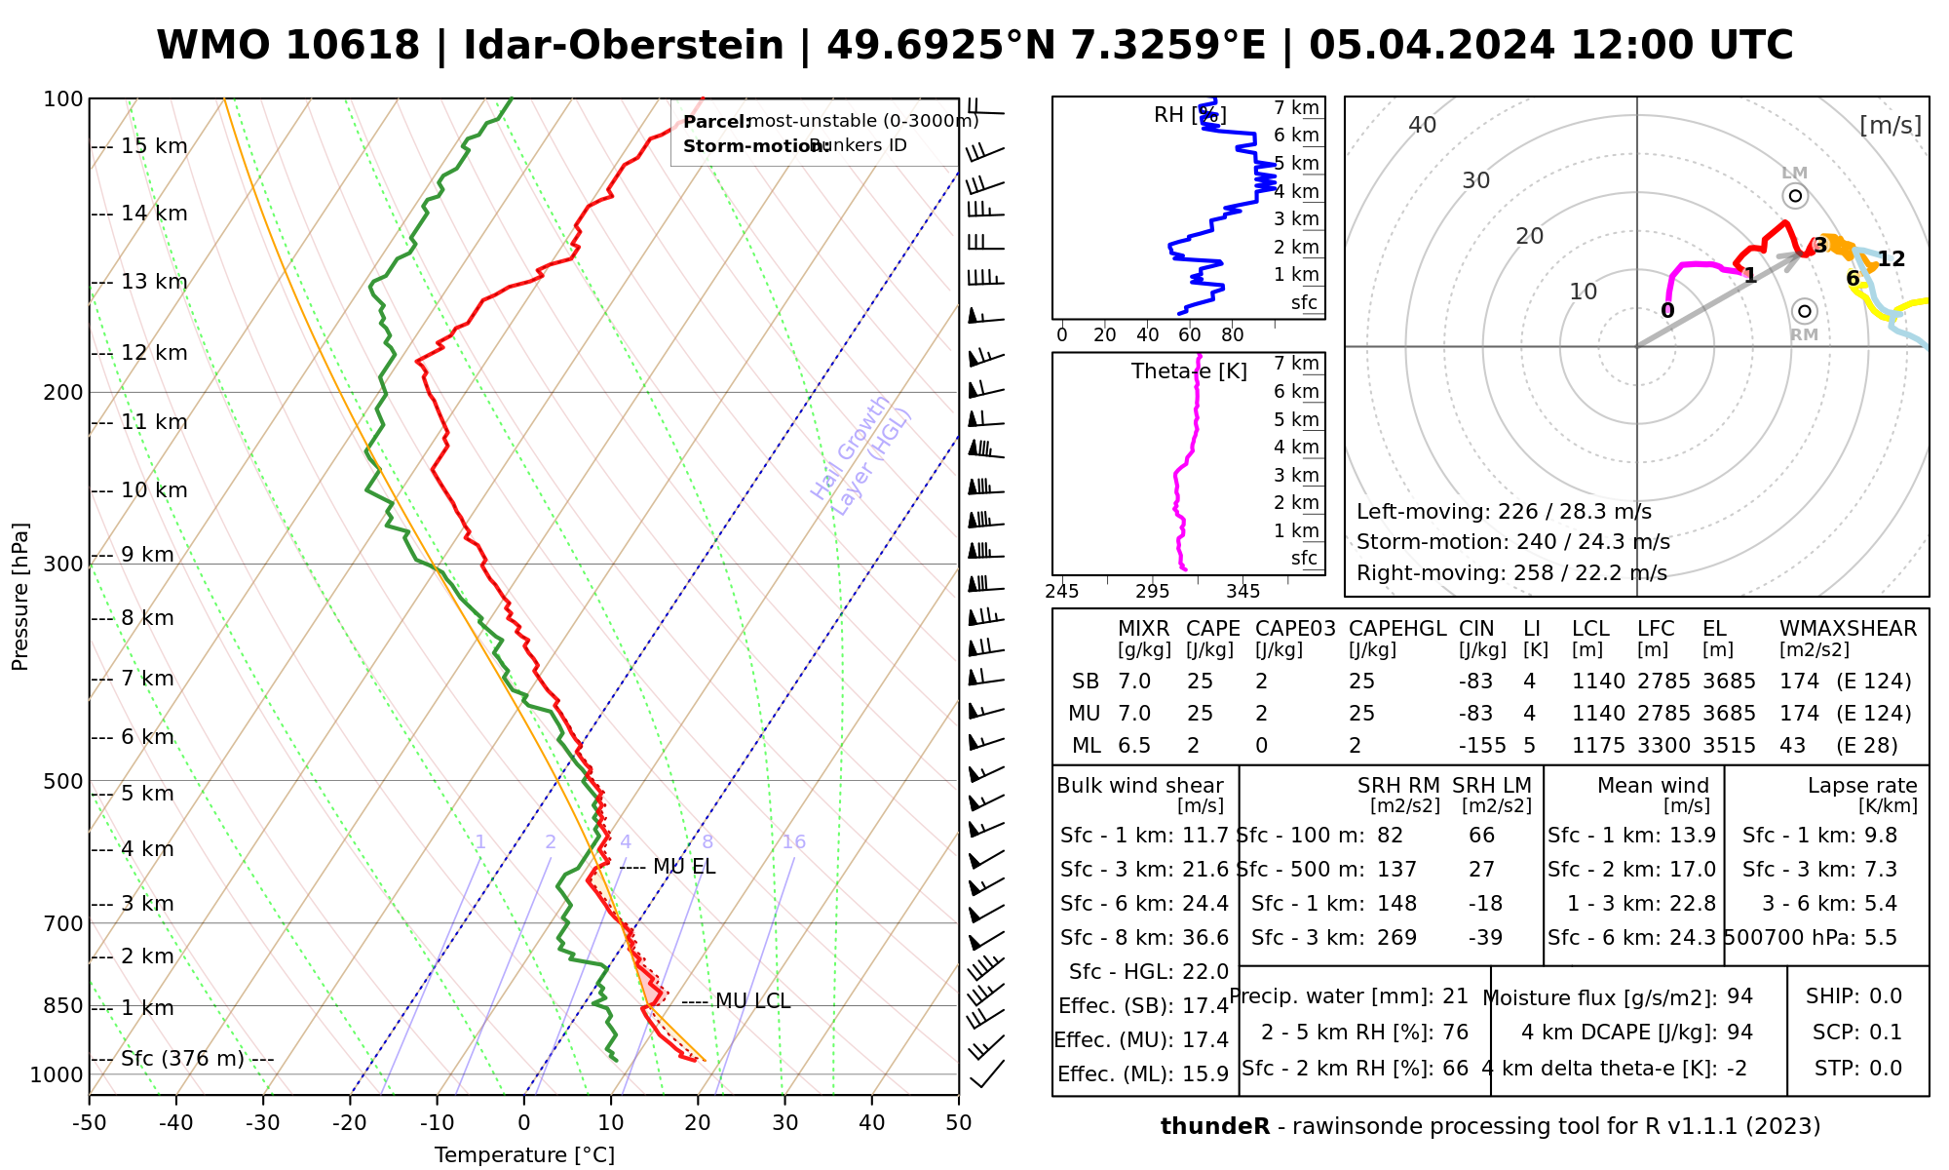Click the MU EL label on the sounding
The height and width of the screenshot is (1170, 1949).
(x=684, y=867)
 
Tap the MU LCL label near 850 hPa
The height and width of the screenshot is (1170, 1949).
(x=752, y=1001)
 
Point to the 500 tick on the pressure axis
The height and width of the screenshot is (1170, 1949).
(x=65, y=781)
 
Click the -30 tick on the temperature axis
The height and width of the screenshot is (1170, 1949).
(x=263, y=1123)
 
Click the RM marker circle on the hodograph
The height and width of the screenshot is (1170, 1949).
(x=1804, y=311)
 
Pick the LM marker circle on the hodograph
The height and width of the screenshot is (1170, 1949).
(x=1795, y=196)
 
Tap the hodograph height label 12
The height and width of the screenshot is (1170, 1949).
(x=1891, y=259)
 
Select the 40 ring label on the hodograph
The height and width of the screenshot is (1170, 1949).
(x=1423, y=125)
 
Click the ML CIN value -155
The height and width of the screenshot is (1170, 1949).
(x=1482, y=746)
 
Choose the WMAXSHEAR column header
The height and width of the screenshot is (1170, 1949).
(x=1848, y=629)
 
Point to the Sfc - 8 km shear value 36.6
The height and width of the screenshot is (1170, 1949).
(x=1205, y=938)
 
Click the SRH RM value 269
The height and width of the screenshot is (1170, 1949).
(x=1396, y=938)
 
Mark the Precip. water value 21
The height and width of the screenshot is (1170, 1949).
(x=1455, y=996)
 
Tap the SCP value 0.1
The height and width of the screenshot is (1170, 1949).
(x=1886, y=1033)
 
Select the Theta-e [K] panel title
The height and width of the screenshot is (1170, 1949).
(x=1189, y=371)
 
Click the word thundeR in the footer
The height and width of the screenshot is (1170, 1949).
(x=1214, y=1127)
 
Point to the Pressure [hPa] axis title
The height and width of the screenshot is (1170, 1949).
(x=20, y=597)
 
